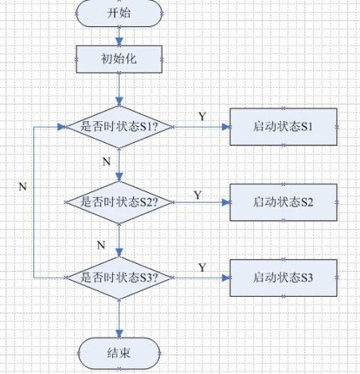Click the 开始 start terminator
tap(119, 14)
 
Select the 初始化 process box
tap(119, 59)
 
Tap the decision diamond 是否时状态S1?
tap(119, 127)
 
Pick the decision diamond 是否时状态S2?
tap(119, 203)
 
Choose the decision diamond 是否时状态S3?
tap(119, 278)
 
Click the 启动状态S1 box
tap(284, 127)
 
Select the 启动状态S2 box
tap(284, 203)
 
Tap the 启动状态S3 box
tap(284, 278)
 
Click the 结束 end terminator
tap(119, 353)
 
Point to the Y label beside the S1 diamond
tap(202, 116)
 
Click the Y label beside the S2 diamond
tap(198, 195)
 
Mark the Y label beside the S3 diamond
tap(202, 267)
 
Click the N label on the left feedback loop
tap(23, 187)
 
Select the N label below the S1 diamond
tap(107, 162)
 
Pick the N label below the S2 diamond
tap(101, 245)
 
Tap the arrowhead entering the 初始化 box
tap(119, 41)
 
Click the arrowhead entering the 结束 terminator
tap(119, 334)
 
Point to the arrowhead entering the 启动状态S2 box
tap(225, 203)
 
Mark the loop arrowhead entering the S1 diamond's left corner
tap(61, 127)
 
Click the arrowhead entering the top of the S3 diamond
tap(119, 253)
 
